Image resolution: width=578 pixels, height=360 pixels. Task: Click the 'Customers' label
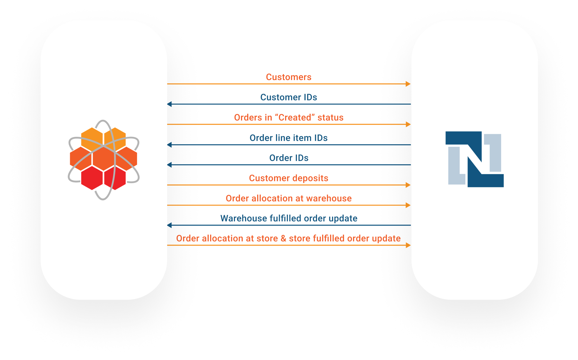coord(288,77)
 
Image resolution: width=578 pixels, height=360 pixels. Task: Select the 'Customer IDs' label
coord(288,97)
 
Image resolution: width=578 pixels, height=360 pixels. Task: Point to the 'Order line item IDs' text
coord(288,138)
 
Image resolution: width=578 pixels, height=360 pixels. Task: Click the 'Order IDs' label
coord(289,158)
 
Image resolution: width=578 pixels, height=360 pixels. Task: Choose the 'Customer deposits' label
coord(288,178)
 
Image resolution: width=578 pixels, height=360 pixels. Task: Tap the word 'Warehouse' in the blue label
coord(244,218)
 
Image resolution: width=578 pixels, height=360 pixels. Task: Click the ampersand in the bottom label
coord(283,238)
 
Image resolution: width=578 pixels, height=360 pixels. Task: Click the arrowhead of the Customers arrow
coord(408,84)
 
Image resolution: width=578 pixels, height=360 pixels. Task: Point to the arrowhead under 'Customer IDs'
coord(170,104)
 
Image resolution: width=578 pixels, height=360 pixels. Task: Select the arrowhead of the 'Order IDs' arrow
coord(170,165)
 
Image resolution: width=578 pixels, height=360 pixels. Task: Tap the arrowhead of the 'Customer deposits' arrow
coord(408,185)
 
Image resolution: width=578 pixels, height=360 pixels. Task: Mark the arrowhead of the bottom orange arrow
coord(408,245)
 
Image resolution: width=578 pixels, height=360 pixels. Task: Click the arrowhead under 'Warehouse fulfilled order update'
coord(170,225)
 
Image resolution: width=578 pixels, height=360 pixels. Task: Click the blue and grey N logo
coord(474,159)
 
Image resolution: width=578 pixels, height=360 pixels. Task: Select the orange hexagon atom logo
coord(104,160)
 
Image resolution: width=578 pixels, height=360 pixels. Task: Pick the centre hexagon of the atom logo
coord(103,159)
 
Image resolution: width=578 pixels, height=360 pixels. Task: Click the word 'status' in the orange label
coord(330,118)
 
